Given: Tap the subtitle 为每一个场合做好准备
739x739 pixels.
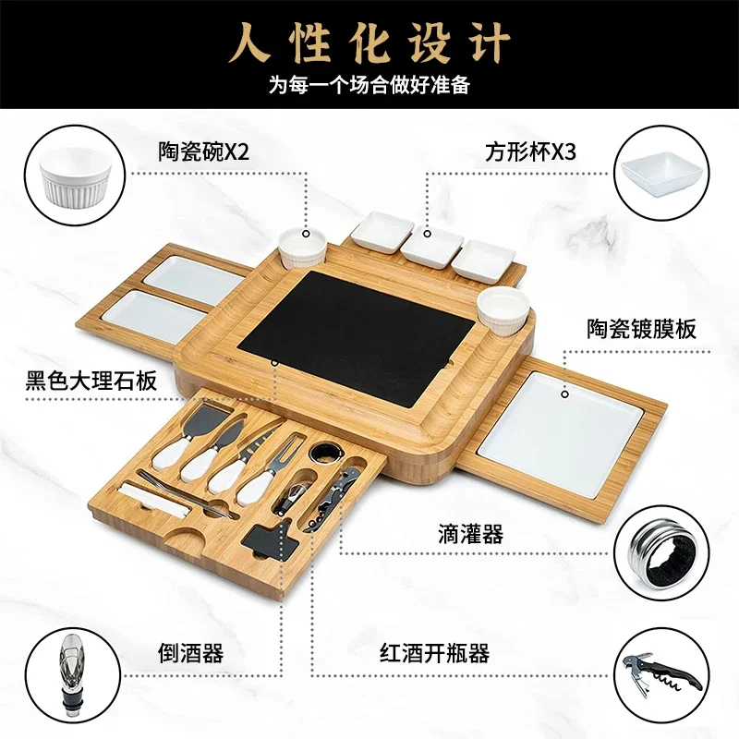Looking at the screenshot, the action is point(369,85).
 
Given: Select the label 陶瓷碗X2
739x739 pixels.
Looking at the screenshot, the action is point(203,151).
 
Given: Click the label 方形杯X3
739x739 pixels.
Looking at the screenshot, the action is point(530,151).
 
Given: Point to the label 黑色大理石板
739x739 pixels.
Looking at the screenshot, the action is point(91,381).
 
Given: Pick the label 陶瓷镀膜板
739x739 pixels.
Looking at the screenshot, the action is point(641,329).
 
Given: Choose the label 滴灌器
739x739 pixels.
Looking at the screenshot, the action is point(470,534).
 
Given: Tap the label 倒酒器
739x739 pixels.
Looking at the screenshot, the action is point(190,653).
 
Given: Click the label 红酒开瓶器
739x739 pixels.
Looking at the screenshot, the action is point(434,653).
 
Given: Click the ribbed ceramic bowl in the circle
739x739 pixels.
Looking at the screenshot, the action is point(76,176).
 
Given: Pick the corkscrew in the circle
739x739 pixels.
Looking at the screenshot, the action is point(660,674).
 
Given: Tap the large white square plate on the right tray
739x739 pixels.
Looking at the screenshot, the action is point(560,434).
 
